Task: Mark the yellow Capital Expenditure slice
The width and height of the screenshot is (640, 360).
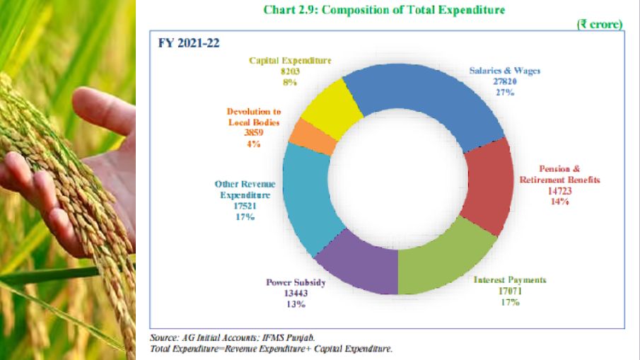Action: (326, 110)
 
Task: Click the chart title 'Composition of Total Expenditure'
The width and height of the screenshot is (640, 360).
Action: (404, 10)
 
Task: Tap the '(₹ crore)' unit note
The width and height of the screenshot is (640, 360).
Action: (599, 24)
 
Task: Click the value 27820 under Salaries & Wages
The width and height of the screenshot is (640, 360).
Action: (504, 81)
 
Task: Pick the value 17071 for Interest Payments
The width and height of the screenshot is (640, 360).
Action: (510, 291)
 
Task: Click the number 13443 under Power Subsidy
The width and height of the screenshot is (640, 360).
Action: (295, 293)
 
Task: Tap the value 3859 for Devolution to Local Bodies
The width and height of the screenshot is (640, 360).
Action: (253, 133)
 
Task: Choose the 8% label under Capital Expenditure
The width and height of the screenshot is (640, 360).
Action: (289, 82)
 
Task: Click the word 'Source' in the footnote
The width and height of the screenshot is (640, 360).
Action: (163, 337)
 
